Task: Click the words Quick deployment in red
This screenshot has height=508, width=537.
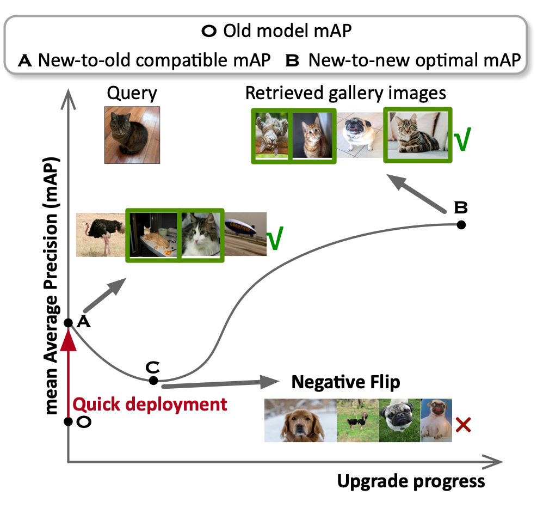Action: [150, 405]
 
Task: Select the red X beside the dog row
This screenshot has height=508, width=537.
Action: [463, 424]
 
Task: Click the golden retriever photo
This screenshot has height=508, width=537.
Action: [300, 420]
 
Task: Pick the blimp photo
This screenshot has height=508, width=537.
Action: [245, 234]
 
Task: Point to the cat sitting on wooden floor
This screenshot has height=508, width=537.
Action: [132, 134]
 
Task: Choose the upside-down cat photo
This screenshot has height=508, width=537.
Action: [272, 136]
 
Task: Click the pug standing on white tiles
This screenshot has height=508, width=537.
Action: [360, 136]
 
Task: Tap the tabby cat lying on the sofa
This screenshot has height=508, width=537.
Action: [417, 136]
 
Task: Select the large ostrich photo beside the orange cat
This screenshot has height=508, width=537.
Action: [101, 234]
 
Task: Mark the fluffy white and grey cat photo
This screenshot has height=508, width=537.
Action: [201, 235]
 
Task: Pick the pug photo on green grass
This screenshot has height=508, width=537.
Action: [400, 420]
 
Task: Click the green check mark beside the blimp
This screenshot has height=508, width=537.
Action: [275, 240]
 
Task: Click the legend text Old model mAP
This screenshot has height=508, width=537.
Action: [287, 31]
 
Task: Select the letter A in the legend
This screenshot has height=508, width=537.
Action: [25, 60]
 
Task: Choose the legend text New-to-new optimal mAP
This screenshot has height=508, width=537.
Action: [414, 60]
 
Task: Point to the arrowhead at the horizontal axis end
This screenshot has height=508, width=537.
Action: [495, 463]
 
